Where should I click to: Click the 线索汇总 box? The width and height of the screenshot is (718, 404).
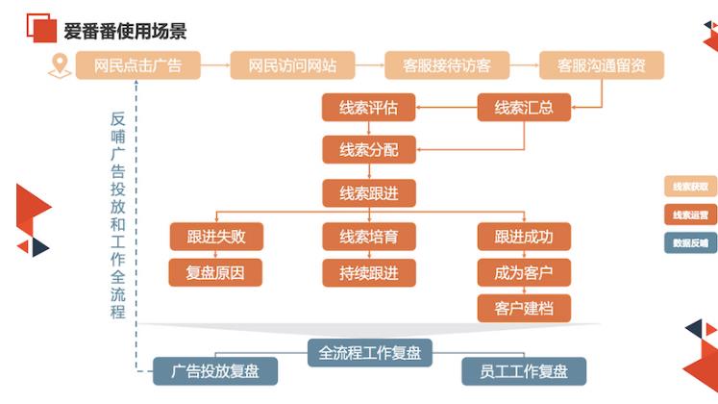coord(523,108)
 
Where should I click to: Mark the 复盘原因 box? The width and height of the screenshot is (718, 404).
coord(214,272)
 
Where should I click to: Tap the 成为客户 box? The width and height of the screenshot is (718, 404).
coord(525,272)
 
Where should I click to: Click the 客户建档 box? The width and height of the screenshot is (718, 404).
coord(525,308)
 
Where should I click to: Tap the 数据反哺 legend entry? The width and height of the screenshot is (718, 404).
coord(690,242)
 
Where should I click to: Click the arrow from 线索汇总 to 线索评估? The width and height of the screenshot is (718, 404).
coord(447,108)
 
